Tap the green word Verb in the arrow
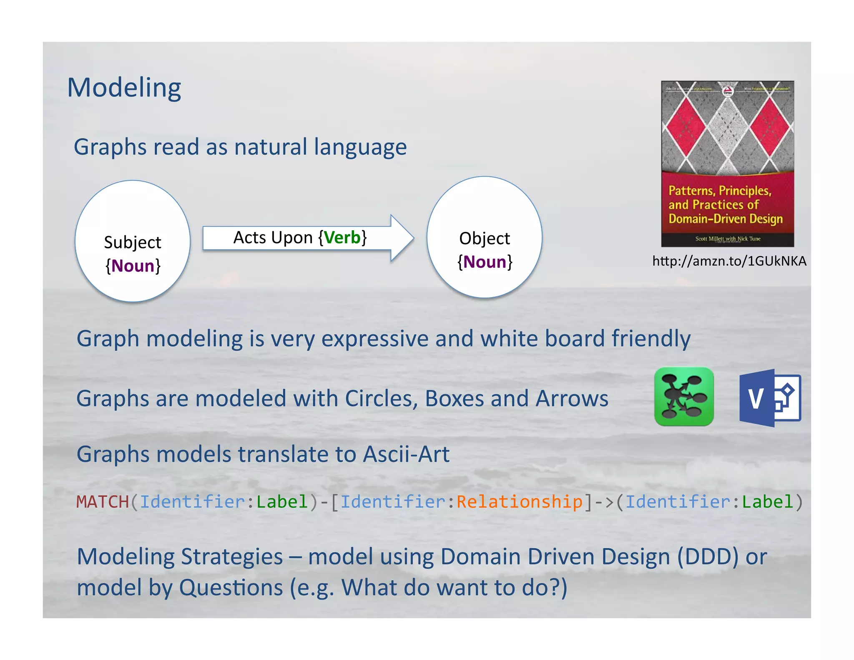[342, 238]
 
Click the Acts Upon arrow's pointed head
[402, 238]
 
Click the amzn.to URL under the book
[729, 261]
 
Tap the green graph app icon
[684, 396]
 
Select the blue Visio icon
[770, 398]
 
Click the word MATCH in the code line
[103, 502]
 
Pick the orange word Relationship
[519, 502]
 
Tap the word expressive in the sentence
[374, 338]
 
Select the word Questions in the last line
[231, 588]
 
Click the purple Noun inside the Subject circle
[133, 266]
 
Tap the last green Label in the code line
[767, 502]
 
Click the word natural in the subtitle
[271, 147]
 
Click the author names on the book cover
[728, 239]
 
